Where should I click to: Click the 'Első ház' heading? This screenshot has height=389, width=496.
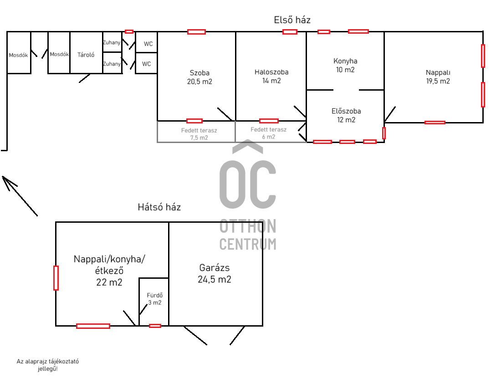pos(292,20)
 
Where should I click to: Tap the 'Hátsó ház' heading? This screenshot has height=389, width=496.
pos(159,207)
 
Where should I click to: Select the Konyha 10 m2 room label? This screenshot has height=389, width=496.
pos(345,65)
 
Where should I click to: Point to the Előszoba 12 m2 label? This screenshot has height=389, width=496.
pos(346,115)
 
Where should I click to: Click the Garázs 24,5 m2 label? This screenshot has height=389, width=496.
pos(215,274)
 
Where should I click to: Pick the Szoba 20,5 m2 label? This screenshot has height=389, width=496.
pos(199,77)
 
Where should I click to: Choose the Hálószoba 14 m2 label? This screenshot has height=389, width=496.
pos(271,76)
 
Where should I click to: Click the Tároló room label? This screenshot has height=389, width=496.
pos(86,55)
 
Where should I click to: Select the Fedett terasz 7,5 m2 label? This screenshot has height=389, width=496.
pos(199,134)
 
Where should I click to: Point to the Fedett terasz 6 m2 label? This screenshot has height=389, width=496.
pos(268,133)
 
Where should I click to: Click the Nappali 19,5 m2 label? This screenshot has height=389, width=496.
pos(438,77)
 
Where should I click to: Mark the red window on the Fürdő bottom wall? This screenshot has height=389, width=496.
pos(155,326)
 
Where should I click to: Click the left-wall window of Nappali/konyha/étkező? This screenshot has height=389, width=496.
pos(56,278)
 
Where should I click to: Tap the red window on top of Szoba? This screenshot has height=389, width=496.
pos(196,31)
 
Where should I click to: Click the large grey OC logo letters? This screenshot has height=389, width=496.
pos(248,184)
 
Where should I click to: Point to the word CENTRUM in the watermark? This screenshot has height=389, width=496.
pos(248,244)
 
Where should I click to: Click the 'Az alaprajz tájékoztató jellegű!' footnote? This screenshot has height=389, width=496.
pos(47,365)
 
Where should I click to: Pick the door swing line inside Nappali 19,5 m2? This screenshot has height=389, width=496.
pos(390,114)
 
